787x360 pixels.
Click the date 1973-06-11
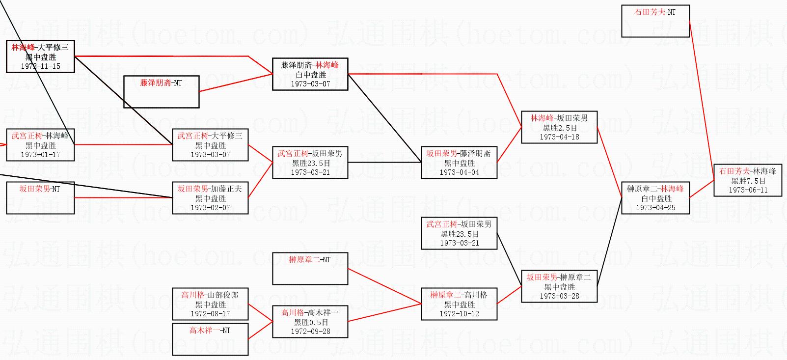(748, 190)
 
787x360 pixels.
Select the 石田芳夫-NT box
(655, 21)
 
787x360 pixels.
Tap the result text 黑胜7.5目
(748, 181)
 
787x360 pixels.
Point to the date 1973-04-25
(655, 208)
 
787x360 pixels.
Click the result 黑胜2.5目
(559, 128)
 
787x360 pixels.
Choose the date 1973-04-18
(559, 137)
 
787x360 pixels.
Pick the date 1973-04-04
(459, 172)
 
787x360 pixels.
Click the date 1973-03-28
(559, 296)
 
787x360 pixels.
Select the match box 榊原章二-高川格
(459, 304)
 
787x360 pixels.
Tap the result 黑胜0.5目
(310, 322)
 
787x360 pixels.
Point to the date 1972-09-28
(310, 332)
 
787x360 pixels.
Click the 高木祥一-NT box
(210, 339)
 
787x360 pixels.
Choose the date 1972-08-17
(210, 314)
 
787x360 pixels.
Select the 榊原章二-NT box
(310, 268)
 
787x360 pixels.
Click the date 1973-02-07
(210, 208)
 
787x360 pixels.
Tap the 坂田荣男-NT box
(40, 197)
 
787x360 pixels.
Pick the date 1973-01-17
(40, 155)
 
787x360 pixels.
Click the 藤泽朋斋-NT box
(161, 91)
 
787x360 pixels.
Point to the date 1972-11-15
(40, 66)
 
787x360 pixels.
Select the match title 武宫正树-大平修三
(210, 136)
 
